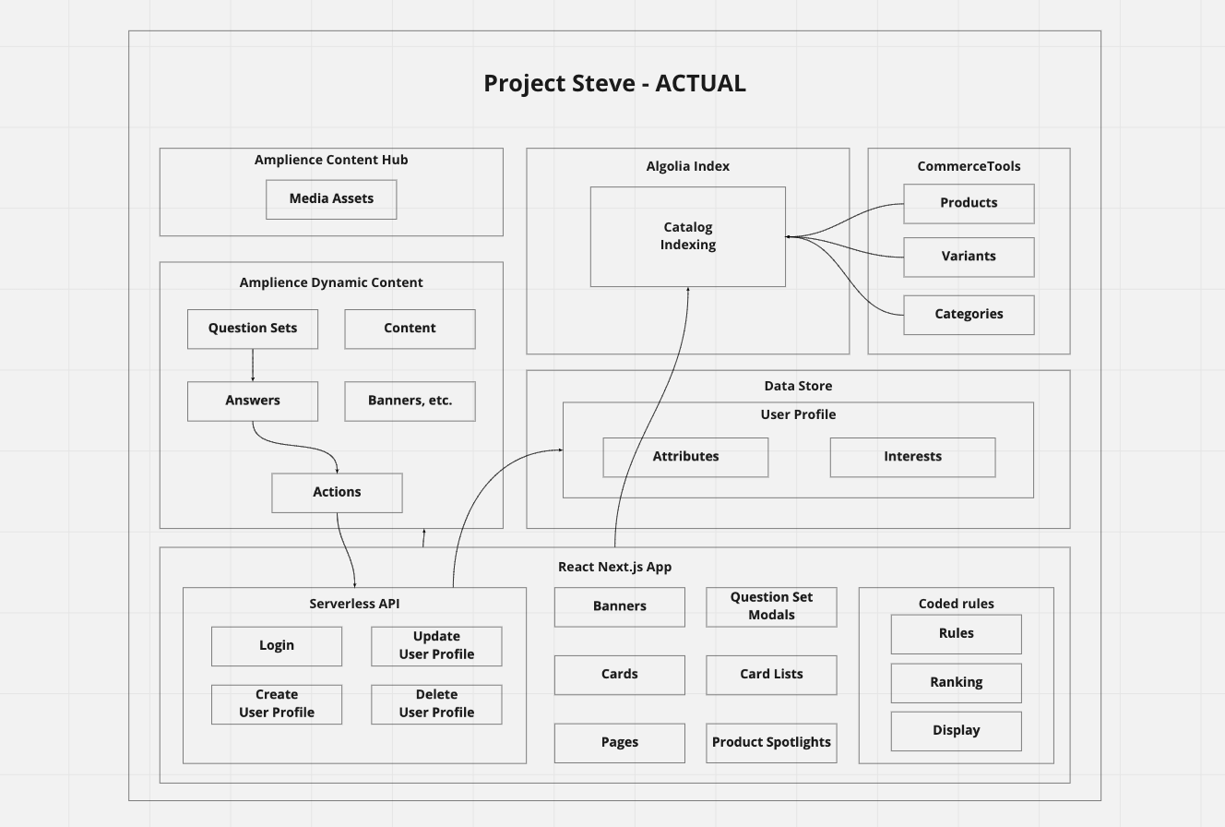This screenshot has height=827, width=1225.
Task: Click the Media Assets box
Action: pos(331,199)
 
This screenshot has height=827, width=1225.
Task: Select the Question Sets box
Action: pos(253,329)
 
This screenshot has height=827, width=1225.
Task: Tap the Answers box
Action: pos(253,401)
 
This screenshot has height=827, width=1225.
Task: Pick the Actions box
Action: pos(337,493)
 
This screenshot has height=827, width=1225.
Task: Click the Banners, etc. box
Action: pos(410,401)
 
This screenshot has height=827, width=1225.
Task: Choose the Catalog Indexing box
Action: pos(688,236)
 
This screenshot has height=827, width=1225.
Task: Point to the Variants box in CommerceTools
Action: pos(969,257)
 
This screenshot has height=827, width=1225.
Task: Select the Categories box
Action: pos(969,315)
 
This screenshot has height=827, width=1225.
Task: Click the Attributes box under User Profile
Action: pos(685,457)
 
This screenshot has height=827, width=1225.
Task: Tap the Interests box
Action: pos(912,457)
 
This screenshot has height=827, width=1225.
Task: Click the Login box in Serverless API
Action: pos(277,646)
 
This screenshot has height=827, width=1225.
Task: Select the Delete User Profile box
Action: pos(436,704)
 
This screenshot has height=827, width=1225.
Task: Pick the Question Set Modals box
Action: pos(771,606)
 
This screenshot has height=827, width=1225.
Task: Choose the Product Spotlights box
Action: pos(771,743)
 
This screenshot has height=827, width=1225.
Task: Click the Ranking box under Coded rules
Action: pos(956,683)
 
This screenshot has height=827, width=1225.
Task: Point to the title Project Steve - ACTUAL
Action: pos(614,83)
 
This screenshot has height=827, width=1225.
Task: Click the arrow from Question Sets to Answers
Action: pos(253,365)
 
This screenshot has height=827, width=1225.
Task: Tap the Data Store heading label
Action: pos(798,386)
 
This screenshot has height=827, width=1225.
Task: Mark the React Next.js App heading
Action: pos(614,567)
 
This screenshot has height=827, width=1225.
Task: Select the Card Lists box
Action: pos(771,675)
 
